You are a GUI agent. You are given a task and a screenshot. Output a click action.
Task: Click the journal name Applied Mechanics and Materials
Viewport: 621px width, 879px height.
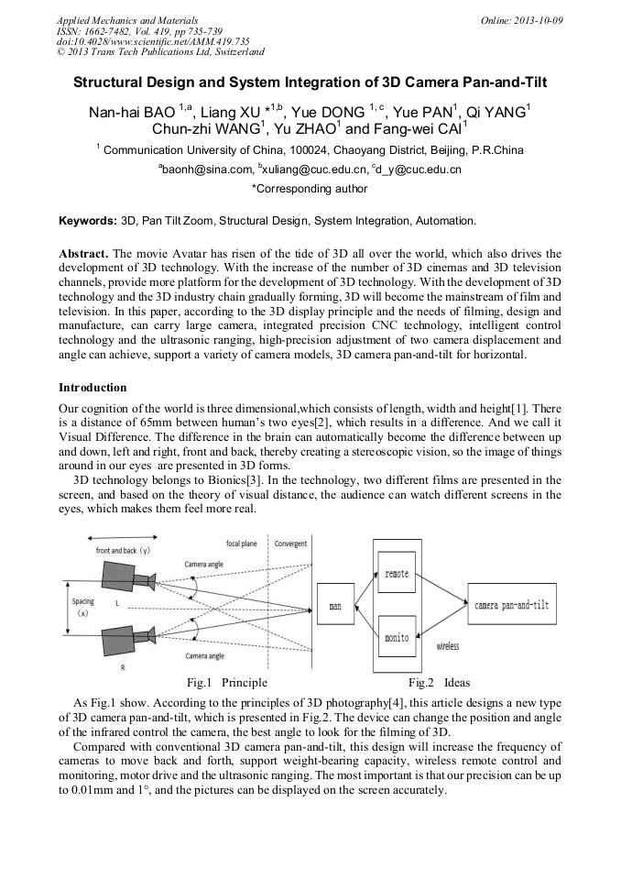click(x=127, y=19)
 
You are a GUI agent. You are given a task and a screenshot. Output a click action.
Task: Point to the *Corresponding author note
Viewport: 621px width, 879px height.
click(x=310, y=189)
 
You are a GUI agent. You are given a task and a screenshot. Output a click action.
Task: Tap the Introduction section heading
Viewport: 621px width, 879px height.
click(x=93, y=388)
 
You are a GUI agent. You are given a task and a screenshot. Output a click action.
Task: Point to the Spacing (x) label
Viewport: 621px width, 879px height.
click(x=82, y=607)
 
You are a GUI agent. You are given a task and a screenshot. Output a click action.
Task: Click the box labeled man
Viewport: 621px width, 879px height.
click(x=335, y=607)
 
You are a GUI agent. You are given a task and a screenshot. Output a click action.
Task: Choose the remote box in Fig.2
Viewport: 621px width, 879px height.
click(x=397, y=573)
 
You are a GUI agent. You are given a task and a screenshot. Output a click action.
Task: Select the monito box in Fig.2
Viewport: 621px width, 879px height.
click(x=397, y=637)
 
